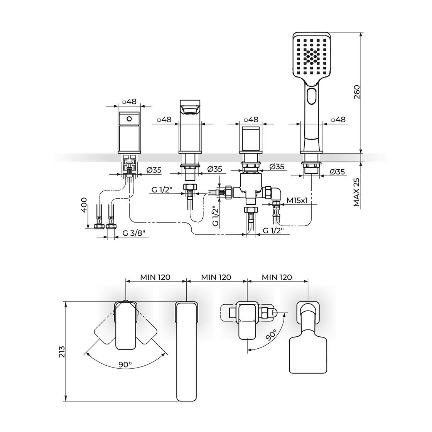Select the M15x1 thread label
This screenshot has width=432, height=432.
[x=297, y=200]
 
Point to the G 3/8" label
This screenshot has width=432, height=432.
[x=135, y=233]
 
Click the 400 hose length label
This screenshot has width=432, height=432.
[x=84, y=204]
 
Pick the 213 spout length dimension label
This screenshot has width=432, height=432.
[x=62, y=352]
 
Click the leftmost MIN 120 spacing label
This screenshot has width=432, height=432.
[x=155, y=277]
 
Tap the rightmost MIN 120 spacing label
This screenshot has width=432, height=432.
[x=277, y=277]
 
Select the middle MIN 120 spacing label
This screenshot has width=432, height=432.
[x=216, y=277]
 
